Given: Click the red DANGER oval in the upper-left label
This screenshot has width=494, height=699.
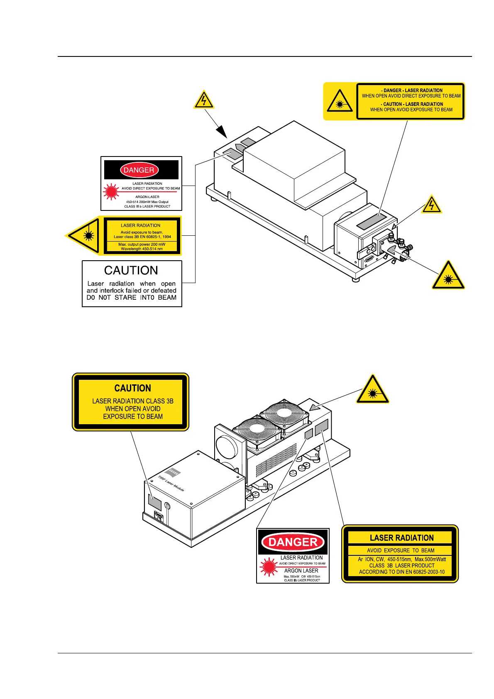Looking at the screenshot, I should coord(139,170).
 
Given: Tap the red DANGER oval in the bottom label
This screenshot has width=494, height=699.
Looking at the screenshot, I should coord(293,542).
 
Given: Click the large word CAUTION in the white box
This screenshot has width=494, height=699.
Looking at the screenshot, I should coord(131,270).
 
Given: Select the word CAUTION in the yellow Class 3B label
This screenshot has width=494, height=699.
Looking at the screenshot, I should coord(132,388).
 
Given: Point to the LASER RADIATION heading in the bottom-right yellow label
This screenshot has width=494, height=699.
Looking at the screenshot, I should coord(401,538).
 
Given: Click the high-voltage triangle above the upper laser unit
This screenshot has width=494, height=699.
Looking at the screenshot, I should coord(203,100).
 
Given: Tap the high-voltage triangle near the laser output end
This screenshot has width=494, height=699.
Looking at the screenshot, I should coord(432,205).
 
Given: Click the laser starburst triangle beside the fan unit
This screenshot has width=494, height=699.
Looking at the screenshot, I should coord(372,391).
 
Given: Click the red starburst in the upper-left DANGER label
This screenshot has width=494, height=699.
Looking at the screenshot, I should coord(111,191).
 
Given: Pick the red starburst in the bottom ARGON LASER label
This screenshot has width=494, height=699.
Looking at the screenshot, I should coord(268,567).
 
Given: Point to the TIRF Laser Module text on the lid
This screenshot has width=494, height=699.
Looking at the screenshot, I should coord(171,484).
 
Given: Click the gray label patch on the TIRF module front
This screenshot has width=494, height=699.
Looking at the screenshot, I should coord(155,502).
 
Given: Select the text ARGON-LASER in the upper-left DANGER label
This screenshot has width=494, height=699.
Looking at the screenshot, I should coord(147,197).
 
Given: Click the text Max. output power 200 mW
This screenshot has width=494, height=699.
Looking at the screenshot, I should coord(142,244).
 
